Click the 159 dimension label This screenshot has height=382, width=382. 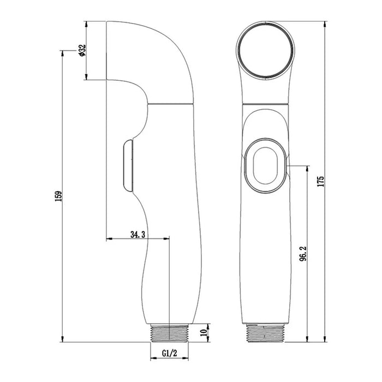[59, 196]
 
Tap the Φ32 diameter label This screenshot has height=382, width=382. [82, 50]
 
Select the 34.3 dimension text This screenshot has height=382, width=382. [138, 235]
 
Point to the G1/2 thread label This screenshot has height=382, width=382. [170, 353]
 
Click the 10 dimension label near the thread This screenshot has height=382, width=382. [203, 332]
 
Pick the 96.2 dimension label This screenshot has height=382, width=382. [303, 253]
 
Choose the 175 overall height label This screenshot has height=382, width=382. [321, 181]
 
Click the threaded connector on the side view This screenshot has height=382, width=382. [170, 333]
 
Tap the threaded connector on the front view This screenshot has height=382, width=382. [265, 333]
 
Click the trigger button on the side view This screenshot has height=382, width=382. [128, 165]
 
